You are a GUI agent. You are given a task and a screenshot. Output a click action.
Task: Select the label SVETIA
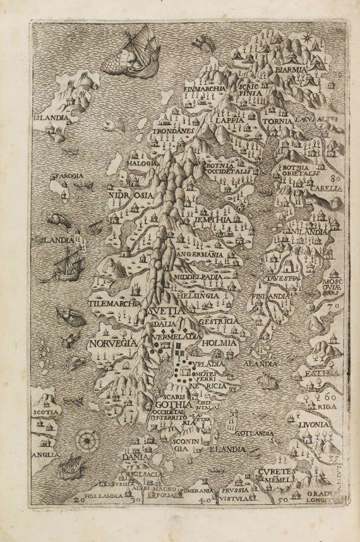point(167,311)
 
